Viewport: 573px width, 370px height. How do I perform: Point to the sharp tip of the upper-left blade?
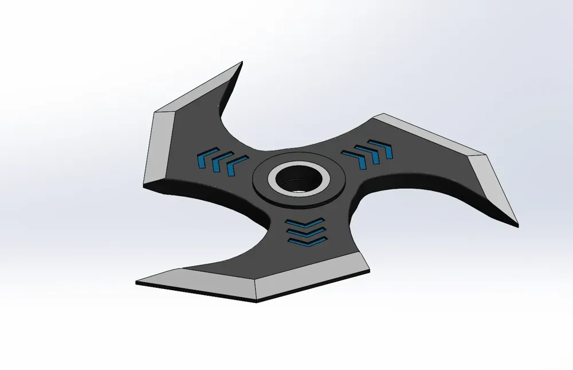[x=241, y=63]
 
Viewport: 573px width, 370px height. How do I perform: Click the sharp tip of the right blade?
[x=518, y=225]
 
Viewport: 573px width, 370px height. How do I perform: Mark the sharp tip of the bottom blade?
[x=136, y=283]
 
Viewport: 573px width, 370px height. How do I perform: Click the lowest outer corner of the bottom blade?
[x=256, y=301]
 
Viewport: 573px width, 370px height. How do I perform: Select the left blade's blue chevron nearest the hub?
[x=235, y=166]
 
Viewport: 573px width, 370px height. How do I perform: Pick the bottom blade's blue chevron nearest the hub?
[x=305, y=223]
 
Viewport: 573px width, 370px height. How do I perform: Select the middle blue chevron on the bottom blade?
[x=305, y=232]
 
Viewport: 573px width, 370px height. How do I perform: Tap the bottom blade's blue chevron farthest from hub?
[x=305, y=242]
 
